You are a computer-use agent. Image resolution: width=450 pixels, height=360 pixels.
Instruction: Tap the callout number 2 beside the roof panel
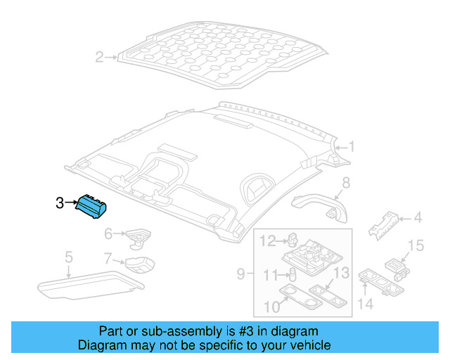pyautogui.click(x=99, y=57)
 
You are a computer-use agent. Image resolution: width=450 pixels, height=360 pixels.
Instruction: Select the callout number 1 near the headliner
pyautogui.click(x=352, y=147)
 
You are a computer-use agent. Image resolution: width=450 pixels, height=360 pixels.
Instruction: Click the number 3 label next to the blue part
pyautogui.click(x=60, y=203)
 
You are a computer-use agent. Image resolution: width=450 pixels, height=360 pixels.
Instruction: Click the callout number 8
pyautogui.click(x=345, y=184)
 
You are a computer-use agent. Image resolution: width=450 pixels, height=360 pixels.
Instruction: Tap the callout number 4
pyautogui.click(x=417, y=218)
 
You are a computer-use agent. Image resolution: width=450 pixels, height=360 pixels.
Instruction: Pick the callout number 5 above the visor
pyautogui.click(x=68, y=257)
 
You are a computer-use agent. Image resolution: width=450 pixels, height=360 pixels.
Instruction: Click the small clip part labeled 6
pyautogui.click(x=138, y=235)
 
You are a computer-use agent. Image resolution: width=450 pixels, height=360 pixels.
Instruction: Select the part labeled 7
pyautogui.click(x=139, y=265)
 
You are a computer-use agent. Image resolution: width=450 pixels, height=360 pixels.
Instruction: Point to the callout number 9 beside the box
pyautogui.click(x=240, y=273)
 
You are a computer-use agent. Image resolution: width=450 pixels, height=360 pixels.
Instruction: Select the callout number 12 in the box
pyautogui.click(x=268, y=242)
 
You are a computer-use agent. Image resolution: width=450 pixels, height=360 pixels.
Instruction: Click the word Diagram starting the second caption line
pyautogui.click(x=99, y=345)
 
